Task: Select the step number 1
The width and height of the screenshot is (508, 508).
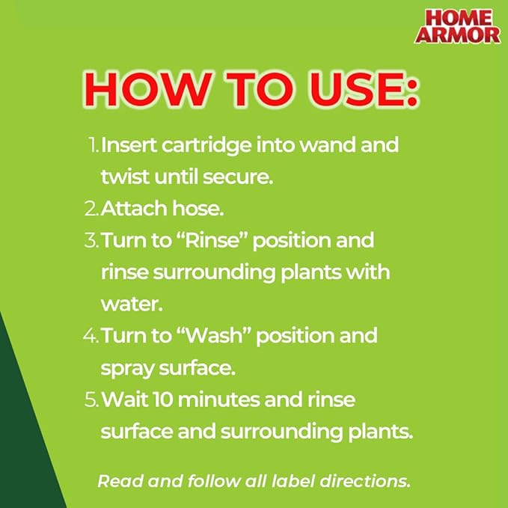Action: coord(91,145)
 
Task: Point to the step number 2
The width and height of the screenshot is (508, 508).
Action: coord(91,209)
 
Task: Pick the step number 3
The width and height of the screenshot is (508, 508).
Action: coord(91,241)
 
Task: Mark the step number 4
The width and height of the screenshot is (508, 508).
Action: coord(91,335)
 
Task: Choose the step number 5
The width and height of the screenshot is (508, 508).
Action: coord(91,400)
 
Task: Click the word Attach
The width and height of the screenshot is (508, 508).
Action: coord(130,209)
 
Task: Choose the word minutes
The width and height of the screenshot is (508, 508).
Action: coord(213,400)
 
